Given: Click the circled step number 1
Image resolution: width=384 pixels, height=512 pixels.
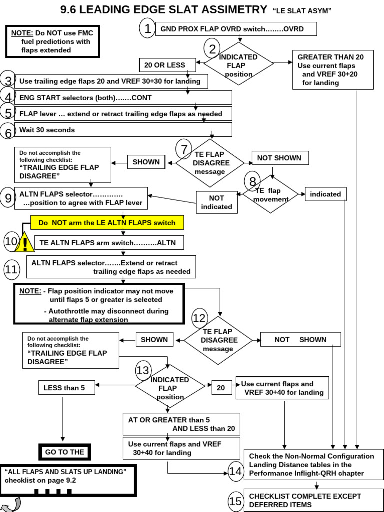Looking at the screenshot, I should [x=147, y=29].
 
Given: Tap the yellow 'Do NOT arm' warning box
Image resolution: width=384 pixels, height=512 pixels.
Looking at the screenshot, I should [x=107, y=222].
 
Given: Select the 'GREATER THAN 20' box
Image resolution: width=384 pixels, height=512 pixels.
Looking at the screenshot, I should [x=333, y=70].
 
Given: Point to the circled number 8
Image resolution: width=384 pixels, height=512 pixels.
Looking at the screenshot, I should [x=252, y=181].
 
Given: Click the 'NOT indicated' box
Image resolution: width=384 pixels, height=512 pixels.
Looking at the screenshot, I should [x=216, y=202].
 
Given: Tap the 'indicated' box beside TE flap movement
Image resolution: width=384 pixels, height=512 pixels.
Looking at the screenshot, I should [x=325, y=194].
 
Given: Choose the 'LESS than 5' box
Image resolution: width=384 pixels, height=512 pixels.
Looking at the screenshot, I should [x=66, y=388].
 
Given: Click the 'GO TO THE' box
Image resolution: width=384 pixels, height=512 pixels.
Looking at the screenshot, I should [x=65, y=452].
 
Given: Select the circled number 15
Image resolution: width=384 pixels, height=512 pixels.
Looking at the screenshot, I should [x=235, y=501].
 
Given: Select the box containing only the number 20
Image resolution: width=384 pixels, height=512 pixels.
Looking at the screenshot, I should [x=220, y=388].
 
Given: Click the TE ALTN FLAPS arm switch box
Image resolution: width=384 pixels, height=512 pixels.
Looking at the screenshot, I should [x=111, y=243].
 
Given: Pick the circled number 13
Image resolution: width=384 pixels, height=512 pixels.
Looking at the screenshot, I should [x=143, y=370].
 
